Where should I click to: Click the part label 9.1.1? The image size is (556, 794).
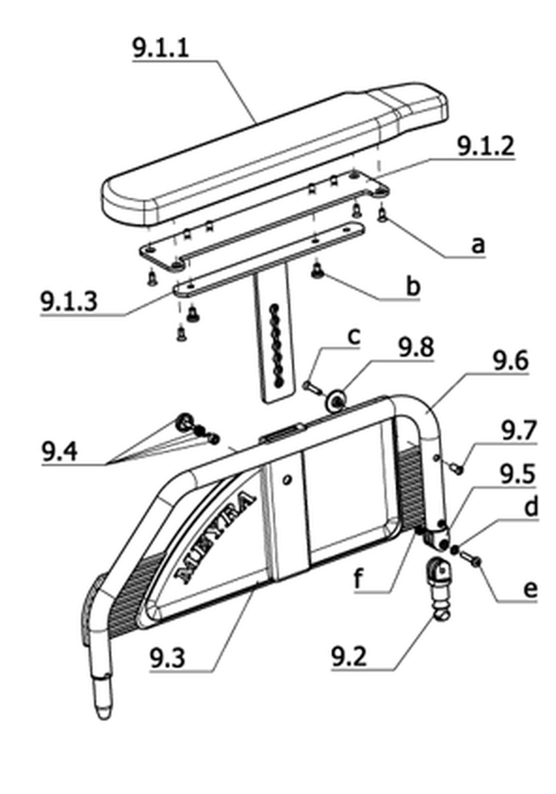pos(160,47)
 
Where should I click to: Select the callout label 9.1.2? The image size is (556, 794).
pos(485,146)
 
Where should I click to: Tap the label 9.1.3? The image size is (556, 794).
pos(69,302)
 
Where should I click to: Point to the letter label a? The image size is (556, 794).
pos(478,245)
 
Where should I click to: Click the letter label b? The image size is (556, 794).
pos(414,287)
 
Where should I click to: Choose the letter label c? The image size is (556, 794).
pos(354,337)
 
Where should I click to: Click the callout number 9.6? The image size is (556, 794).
pos(511,360)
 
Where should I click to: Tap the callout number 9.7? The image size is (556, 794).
pos(518,431)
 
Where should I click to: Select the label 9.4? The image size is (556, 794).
pos(59,451)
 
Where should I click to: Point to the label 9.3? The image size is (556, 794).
pos(168,659)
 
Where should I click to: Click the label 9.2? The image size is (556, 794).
pos(349,657)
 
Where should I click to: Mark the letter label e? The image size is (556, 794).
pos(530,590)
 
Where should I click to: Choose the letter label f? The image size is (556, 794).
pos(359,579)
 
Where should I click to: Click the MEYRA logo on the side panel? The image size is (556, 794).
pos(215,537)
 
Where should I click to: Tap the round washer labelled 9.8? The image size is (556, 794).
pos(335,400)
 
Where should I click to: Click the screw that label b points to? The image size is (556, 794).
pos(318,271)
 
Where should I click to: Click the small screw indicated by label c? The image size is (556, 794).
pos(312,388)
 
